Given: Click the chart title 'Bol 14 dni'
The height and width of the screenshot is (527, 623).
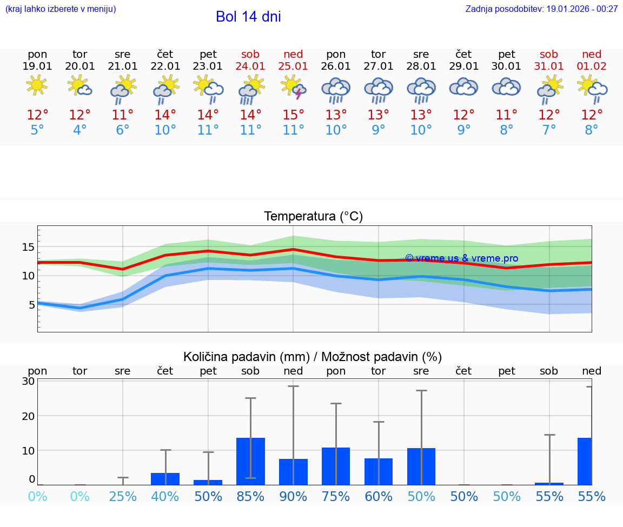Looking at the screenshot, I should pyautogui.click(x=248, y=17).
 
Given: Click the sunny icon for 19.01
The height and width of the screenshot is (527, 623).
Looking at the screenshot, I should pyautogui.click(x=37, y=85).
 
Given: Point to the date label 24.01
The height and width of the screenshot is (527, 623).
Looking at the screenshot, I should pyautogui.click(x=250, y=66).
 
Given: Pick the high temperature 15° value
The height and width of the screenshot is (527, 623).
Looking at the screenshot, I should pyautogui.click(x=293, y=115).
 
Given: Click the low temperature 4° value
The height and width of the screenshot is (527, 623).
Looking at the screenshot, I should pyautogui.click(x=79, y=130).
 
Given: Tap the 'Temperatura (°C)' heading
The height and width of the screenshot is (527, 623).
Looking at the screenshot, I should pyautogui.click(x=313, y=216).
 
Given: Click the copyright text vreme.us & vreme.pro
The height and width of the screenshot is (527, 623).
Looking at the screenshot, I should pyautogui.click(x=462, y=258).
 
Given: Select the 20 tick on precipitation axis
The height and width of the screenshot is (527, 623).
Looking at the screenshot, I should pyautogui.click(x=29, y=416).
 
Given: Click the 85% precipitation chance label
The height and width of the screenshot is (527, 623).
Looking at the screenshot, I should pyautogui.click(x=250, y=496).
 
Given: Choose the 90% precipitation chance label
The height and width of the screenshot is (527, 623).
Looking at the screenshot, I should pyautogui.click(x=293, y=496).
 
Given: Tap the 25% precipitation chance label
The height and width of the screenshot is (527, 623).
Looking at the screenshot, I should pyautogui.click(x=123, y=496).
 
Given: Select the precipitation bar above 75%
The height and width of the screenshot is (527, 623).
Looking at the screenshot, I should pyautogui.click(x=336, y=466).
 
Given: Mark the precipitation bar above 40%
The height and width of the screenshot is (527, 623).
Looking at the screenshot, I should pyautogui.click(x=165, y=479).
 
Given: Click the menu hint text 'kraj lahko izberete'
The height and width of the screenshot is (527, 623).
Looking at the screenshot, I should pyautogui.click(x=61, y=9).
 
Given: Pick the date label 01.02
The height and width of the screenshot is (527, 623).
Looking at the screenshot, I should pyautogui.click(x=592, y=66).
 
